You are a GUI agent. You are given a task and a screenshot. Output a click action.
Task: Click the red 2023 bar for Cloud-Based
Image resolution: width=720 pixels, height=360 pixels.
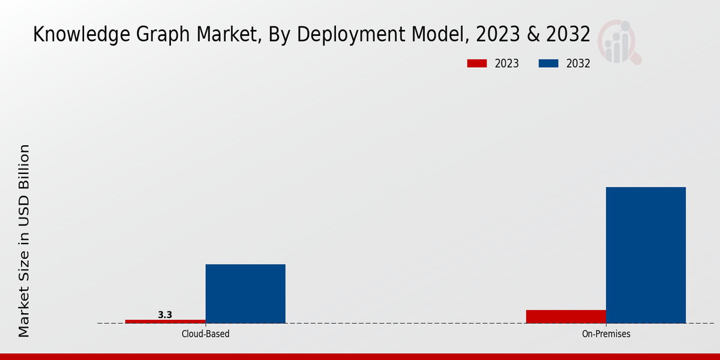(165, 321)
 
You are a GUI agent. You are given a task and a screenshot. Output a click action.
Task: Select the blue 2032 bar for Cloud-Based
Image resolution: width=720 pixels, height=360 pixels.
(245, 293)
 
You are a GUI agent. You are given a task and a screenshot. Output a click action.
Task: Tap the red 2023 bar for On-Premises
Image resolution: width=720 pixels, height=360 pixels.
(566, 316)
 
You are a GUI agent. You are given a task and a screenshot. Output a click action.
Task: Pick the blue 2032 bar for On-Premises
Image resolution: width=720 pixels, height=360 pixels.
(646, 255)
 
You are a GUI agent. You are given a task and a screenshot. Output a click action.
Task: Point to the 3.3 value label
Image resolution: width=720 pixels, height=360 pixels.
(165, 314)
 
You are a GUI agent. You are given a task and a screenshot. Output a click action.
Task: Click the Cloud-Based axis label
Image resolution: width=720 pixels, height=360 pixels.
(205, 334)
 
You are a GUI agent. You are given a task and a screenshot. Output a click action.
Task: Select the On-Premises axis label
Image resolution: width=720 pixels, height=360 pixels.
(606, 334)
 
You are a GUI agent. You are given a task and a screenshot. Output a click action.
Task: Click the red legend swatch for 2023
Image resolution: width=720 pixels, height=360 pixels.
(476, 64)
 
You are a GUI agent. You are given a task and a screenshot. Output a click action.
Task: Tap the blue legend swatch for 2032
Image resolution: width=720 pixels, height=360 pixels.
(548, 64)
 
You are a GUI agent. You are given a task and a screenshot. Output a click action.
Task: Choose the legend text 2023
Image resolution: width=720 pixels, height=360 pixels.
(507, 64)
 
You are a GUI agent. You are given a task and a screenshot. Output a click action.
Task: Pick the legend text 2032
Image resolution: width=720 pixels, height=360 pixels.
(578, 64)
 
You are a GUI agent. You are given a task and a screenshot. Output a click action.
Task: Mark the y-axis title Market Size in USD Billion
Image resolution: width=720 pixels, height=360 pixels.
(24, 240)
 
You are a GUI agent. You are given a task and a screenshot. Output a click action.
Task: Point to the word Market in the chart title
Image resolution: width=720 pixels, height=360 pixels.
(214, 35)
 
